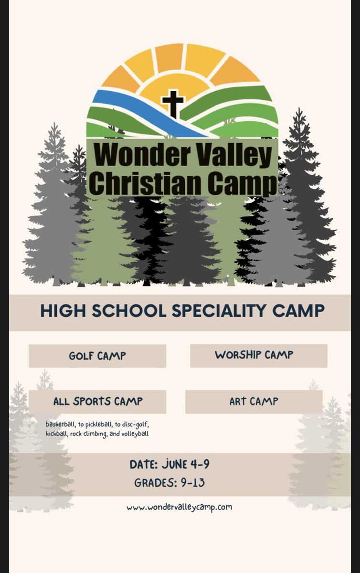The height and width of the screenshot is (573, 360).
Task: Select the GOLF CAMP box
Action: coord(97,356)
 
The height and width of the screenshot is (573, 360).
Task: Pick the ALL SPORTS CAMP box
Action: coord(97,401)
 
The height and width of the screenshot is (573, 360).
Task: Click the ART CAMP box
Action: coord(254,401)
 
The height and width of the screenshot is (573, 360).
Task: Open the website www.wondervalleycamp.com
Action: coord(180,507)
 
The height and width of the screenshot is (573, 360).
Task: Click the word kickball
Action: coord(57,434)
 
